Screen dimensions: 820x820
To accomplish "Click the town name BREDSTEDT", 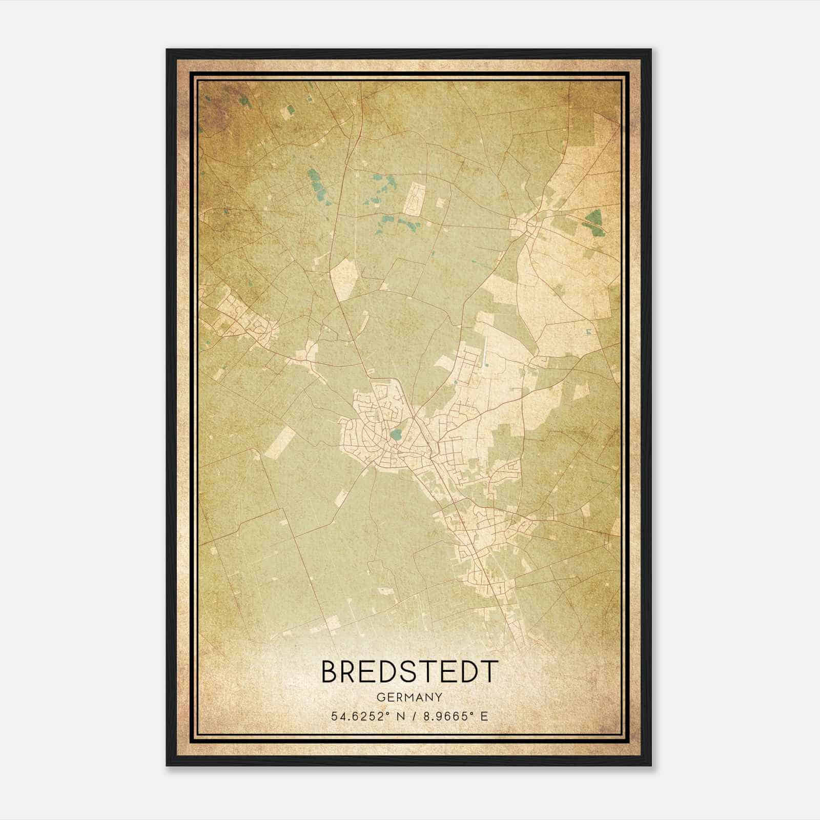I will (409, 671).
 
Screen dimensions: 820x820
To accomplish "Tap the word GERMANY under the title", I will (409, 697).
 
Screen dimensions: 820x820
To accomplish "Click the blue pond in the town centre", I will (395, 436).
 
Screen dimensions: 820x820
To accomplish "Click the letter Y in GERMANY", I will (439, 697).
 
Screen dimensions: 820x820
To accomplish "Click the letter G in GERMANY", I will (380, 697).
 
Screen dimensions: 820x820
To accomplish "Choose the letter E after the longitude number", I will (484, 716).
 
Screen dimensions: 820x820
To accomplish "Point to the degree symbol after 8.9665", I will (474, 713).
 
